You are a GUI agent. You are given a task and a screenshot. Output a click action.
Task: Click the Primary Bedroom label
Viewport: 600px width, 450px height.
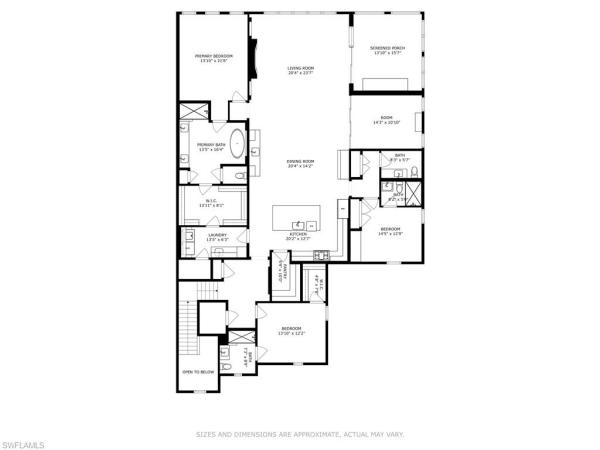[x=213, y=58]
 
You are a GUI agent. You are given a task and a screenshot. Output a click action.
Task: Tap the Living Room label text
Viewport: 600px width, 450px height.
[x=301, y=69]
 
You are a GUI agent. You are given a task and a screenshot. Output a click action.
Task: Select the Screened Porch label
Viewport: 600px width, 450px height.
[x=386, y=49]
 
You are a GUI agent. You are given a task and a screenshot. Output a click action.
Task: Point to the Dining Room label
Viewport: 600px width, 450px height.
[x=301, y=163]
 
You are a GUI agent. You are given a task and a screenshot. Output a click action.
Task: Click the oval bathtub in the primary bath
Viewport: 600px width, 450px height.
[x=238, y=141]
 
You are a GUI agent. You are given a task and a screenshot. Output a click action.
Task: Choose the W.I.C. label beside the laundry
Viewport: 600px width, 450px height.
[x=211, y=203]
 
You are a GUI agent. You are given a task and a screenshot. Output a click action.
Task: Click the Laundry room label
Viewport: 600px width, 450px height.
[x=218, y=236]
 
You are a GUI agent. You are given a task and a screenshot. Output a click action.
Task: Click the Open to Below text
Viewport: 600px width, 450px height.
[x=198, y=372]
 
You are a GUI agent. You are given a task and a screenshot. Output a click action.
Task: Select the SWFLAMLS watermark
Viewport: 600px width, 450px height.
[x=27, y=440]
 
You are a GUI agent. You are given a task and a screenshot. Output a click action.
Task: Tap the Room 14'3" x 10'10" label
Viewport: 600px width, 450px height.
[x=386, y=120]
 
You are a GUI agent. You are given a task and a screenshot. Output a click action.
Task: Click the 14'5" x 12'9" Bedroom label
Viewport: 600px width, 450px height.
[x=390, y=232]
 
